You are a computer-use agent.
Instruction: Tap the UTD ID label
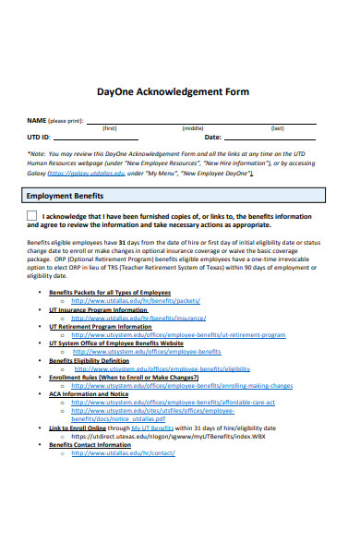pos(40,137)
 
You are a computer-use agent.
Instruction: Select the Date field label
pos(211,137)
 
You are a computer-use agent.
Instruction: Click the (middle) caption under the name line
pos(193,128)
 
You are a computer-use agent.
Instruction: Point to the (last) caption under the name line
pos(277,128)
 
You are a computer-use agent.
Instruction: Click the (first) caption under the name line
pos(109,128)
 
